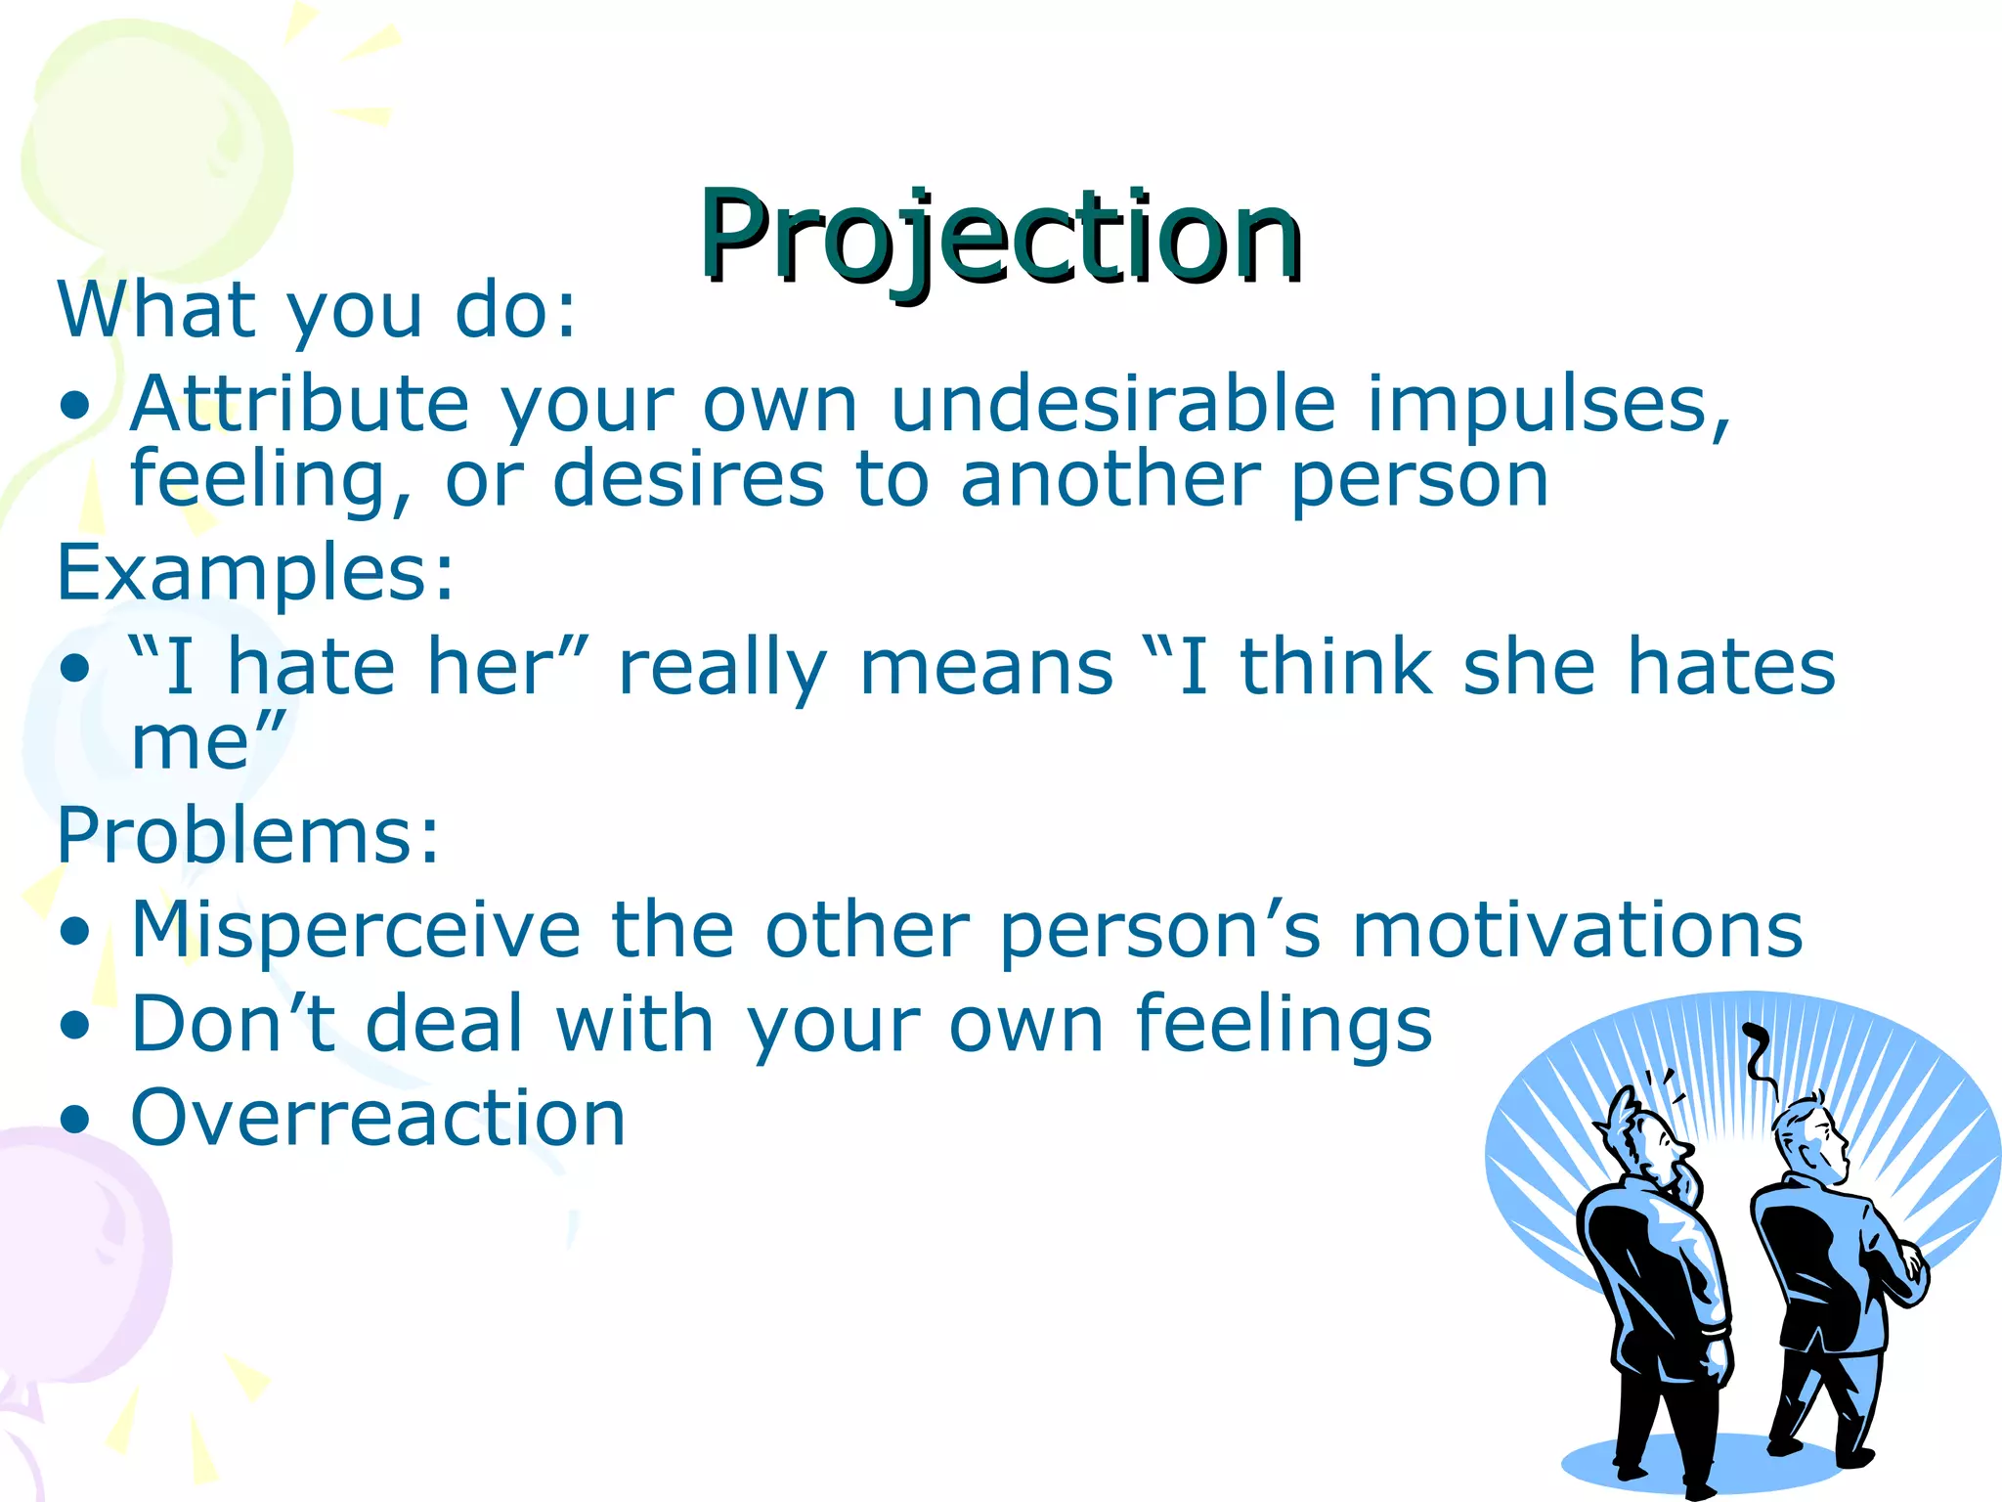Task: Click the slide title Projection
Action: [x=999, y=237]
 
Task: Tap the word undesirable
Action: [x=1113, y=404]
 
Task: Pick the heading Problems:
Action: [x=248, y=836]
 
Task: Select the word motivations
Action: [x=1577, y=929]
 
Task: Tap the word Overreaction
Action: [x=377, y=1118]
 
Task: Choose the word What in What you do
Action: [x=156, y=311]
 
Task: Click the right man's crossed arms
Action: [x=1901, y=1271]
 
